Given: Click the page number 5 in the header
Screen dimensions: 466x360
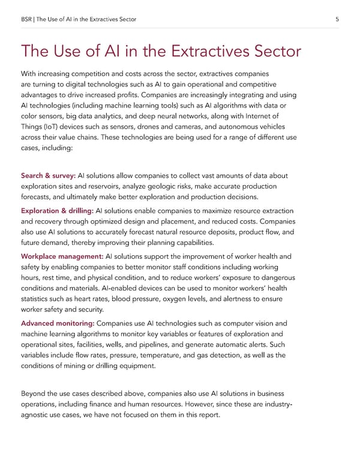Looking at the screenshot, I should pos(338,20).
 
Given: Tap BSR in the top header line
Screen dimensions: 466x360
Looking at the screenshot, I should pos(27,20).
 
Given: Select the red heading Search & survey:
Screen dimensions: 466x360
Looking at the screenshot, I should pos(48,175).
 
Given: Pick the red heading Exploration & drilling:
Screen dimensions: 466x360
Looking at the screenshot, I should pos(57,211).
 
